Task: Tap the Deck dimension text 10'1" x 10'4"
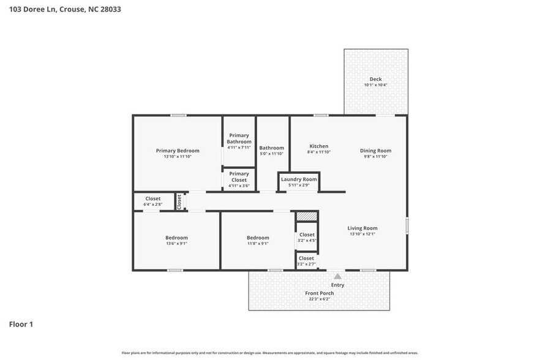(375, 85)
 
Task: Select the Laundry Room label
(299, 179)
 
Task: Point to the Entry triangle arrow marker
(337, 277)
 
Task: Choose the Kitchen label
(318, 146)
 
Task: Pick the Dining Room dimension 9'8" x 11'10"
(375, 157)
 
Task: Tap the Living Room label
(362, 228)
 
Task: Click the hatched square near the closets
(307, 216)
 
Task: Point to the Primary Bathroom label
(239, 138)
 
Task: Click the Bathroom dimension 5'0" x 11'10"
(271, 154)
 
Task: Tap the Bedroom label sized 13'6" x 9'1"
(176, 238)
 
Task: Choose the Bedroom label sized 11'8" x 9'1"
(258, 238)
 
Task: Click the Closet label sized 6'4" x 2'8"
(152, 198)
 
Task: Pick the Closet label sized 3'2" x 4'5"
(307, 234)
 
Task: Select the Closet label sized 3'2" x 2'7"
(307, 258)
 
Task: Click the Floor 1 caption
(21, 324)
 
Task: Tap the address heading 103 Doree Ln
(34, 9)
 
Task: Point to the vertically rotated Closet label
(179, 201)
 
